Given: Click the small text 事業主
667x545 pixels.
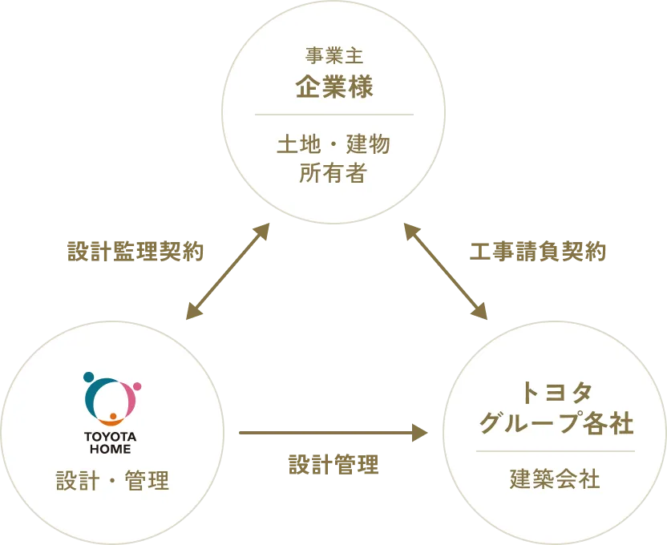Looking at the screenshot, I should (333, 55).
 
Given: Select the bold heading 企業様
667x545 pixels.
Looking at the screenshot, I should (333, 87).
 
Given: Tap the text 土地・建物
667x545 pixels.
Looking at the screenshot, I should (333, 145).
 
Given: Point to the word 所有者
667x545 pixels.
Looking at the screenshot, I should (333, 173).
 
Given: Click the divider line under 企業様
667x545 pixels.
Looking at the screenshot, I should (333, 115).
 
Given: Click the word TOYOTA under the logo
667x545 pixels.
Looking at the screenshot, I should (111, 437).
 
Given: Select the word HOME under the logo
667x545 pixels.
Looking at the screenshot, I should (111, 450).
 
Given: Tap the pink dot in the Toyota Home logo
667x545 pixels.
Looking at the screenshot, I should (136, 386).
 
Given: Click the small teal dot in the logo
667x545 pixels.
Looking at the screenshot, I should (88, 377).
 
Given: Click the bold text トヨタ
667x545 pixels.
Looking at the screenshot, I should (556, 393).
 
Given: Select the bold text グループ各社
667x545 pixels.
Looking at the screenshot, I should (556, 422).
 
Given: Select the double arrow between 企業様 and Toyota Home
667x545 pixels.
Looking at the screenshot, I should (227, 272).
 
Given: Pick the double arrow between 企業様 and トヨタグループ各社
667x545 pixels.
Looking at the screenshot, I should (443, 272).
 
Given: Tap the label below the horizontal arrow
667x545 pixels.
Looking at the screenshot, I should (332, 463).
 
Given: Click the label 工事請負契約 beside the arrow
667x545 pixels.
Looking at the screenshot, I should (539, 252).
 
